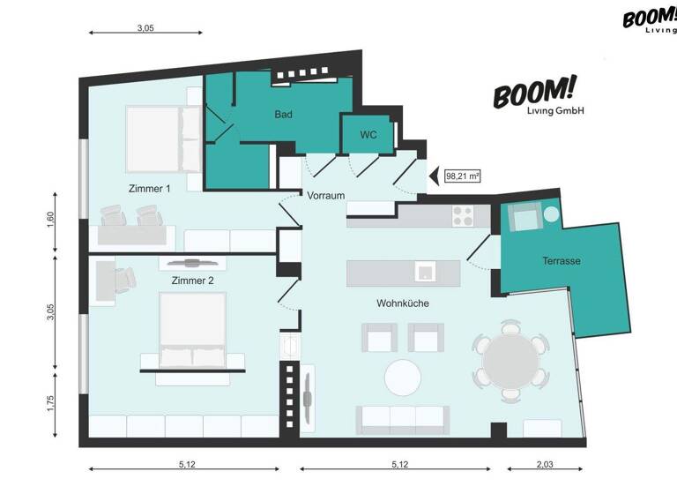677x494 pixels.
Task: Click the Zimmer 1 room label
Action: tap(149, 188)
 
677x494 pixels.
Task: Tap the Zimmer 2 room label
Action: tap(192, 281)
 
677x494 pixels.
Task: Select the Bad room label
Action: tap(283, 114)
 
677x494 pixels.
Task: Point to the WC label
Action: tap(368, 135)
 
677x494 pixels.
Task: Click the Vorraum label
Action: tap(325, 196)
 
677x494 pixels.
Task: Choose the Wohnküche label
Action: tap(402, 303)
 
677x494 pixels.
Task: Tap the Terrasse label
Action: tap(561, 261)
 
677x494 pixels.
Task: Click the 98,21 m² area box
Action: tap(463, 176)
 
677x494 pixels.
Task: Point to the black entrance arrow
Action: tap(434, 176)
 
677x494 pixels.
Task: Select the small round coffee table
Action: tap(403, 377)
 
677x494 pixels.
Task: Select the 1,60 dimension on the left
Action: tap(50, 220)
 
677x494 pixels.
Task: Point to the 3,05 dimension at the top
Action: tap(145, 28)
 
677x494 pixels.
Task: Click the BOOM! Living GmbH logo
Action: tap(535, 97)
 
